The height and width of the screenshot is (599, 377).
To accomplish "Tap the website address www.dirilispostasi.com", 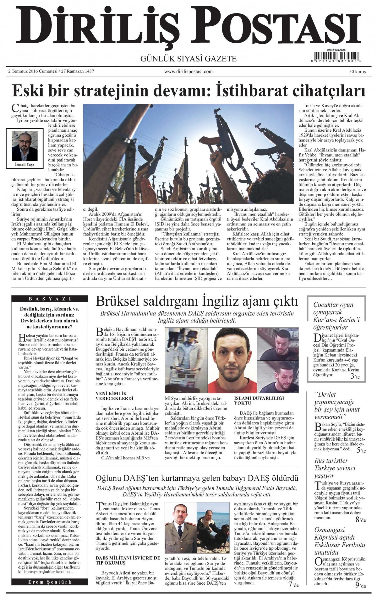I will tap(188, 72).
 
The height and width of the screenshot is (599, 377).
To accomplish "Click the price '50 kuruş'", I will tap(358, 72).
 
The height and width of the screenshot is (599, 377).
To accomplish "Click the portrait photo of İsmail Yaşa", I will tap(25, 146).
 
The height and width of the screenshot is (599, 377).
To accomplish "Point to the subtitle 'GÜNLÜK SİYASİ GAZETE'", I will tap(188, 59).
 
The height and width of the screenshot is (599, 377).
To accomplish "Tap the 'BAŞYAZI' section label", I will tap(50, 299).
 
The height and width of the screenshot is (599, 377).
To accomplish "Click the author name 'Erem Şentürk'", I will tap(50, 582).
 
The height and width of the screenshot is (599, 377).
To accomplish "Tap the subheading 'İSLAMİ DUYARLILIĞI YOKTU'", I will tap(259, 400).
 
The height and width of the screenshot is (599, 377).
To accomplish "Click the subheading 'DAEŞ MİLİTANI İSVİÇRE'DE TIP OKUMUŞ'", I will tap(128, 560).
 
